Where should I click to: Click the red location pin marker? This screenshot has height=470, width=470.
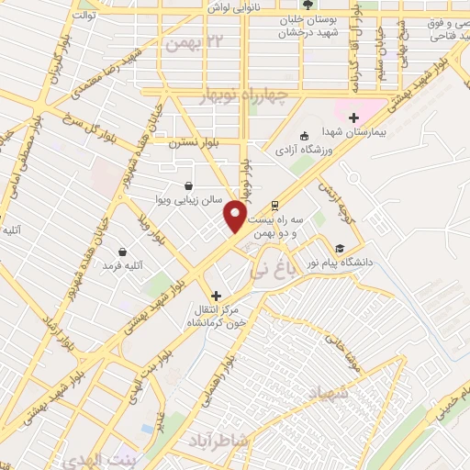tap(236, 216)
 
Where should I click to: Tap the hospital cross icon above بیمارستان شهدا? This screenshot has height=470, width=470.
tap(353, 117)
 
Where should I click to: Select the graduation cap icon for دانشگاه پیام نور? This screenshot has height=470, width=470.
tap(340, 248)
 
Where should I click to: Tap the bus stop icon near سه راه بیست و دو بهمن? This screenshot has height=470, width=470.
tap(273, 207)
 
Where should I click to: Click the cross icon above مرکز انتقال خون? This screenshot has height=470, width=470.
tap(217, 296)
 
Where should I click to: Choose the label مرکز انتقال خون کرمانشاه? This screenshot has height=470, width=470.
tap(218, 318)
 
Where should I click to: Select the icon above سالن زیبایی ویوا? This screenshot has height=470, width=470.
tap(188, 184)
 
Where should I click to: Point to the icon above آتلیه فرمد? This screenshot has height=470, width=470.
tap(122, 251)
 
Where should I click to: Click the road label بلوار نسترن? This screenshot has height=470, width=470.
tap(191, 142)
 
